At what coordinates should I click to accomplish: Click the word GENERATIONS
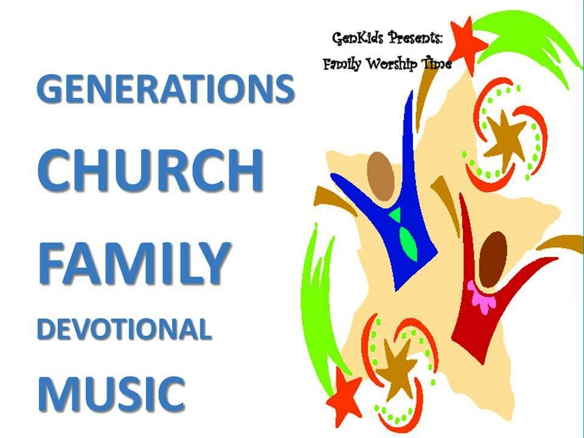(165, 89)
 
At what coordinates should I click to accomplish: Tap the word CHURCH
(150, 170)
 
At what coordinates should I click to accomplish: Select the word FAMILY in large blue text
(133, 263)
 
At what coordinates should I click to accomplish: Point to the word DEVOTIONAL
(124, 329)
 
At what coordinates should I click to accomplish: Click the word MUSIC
(111, 394)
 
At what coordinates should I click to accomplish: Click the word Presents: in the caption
(415, 38)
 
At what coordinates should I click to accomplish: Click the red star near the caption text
(467, 44)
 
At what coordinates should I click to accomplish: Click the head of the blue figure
(380, 176)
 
